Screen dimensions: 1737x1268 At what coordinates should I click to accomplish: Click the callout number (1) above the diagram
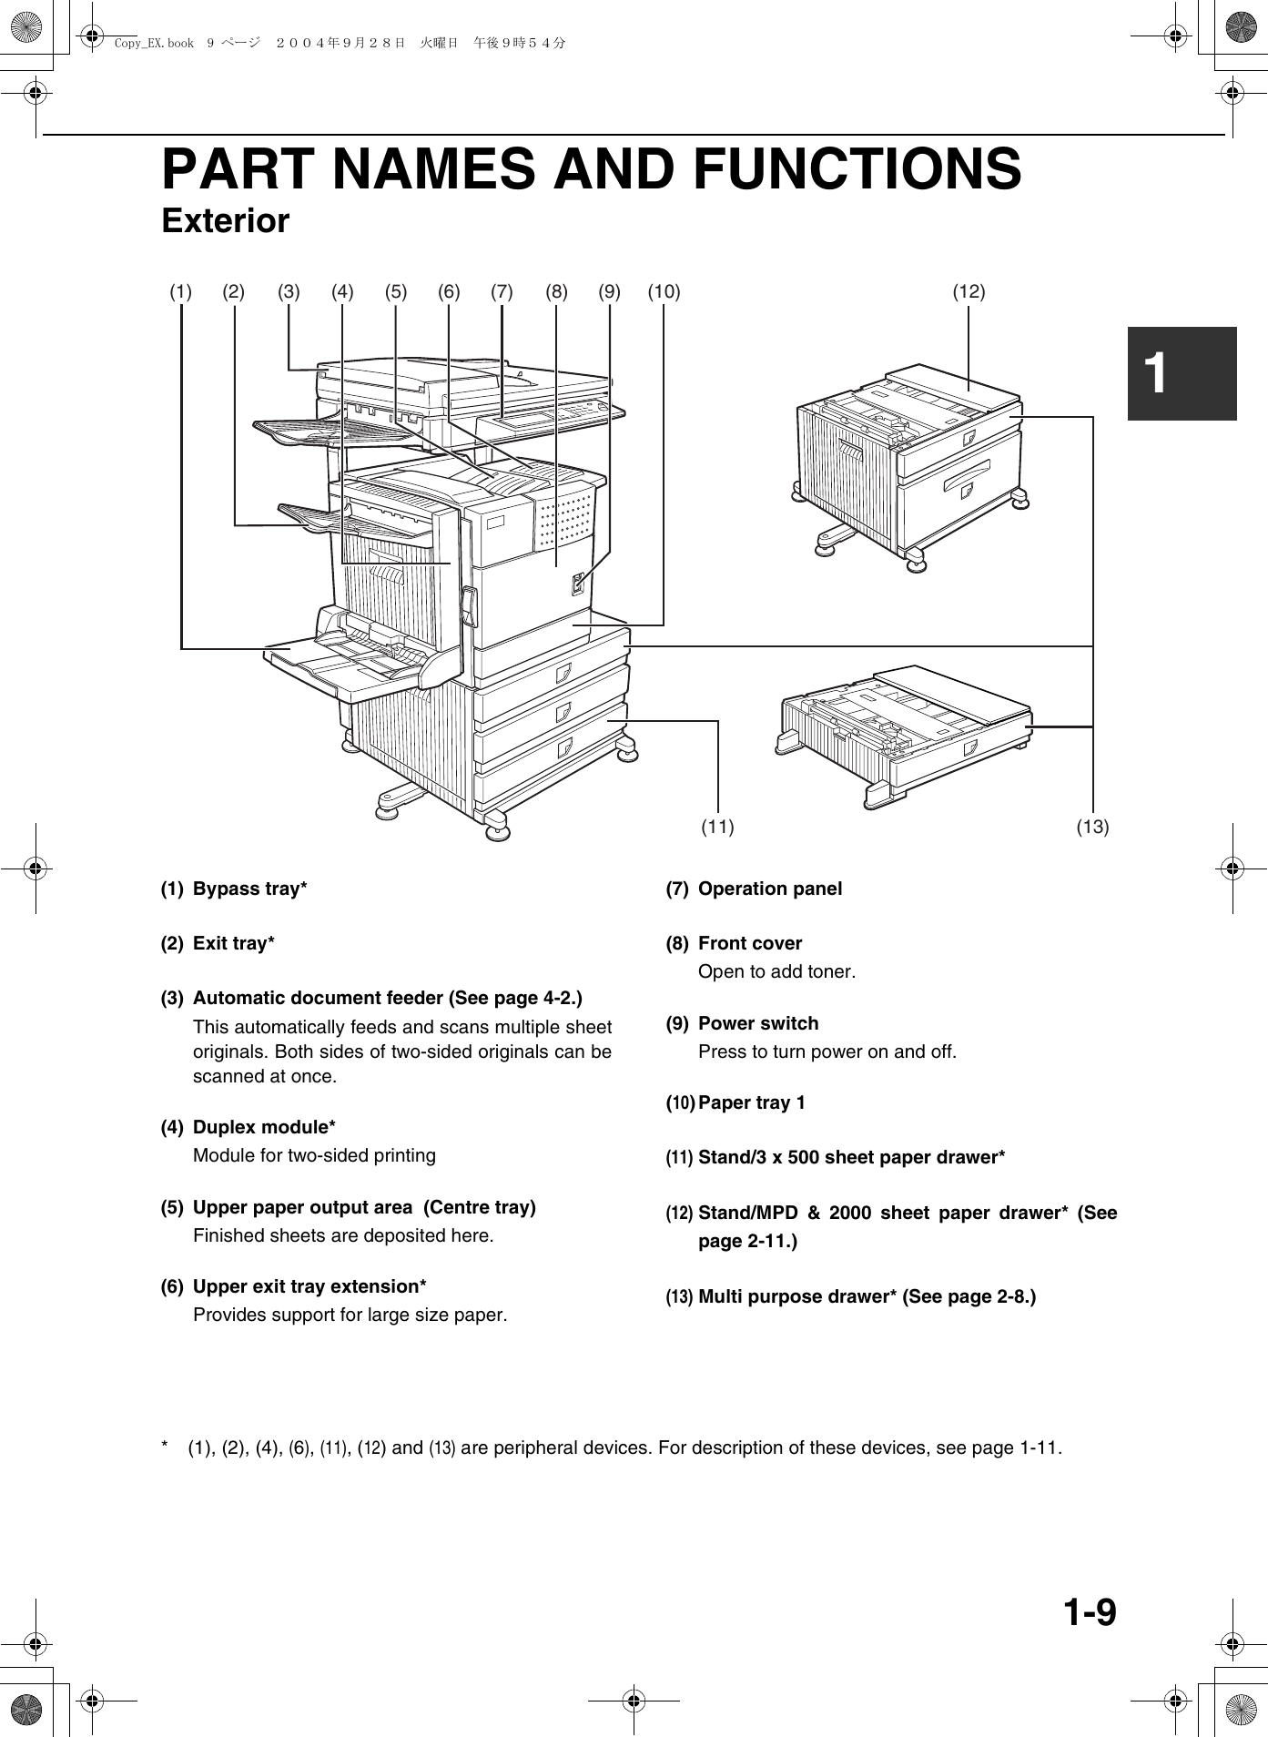coord(181,292)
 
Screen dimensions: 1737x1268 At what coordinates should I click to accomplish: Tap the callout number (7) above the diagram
coord(502,292)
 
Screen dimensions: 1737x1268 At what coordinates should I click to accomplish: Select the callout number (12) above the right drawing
coord(969,292)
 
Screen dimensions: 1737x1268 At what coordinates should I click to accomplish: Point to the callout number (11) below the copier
coord(717,828)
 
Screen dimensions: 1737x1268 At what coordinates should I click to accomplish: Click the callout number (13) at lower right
coord(1092,828)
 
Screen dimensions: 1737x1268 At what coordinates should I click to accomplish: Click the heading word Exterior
coord(225,221)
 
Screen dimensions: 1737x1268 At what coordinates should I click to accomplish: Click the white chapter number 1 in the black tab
coord(1156,373)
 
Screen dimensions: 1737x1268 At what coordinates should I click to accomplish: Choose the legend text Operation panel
coord(769,889)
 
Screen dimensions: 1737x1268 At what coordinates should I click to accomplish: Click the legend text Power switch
coord(757,1024)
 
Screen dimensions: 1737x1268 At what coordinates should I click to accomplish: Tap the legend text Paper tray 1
coord(751,1103)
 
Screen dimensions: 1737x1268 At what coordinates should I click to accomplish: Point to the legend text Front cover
coord(749,944)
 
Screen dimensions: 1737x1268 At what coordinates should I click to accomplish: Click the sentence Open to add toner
coord(776,972)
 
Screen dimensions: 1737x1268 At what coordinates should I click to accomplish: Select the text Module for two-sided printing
coord(314,1156)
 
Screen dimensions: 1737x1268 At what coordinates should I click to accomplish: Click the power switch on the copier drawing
coord(577,583)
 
